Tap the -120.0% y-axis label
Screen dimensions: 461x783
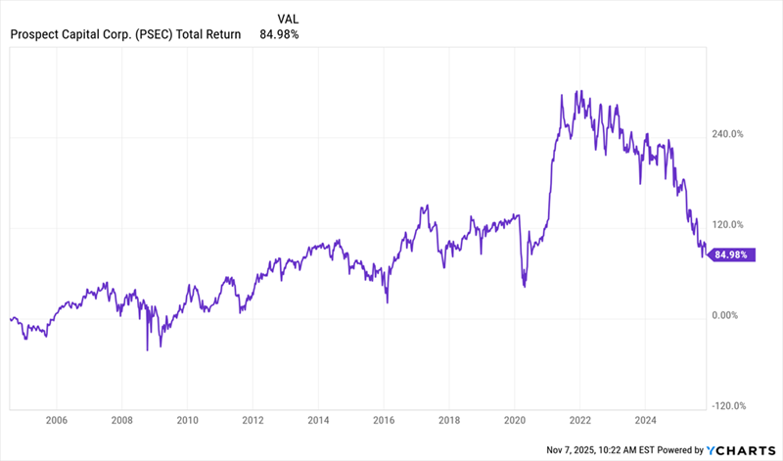coord(730,406)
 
